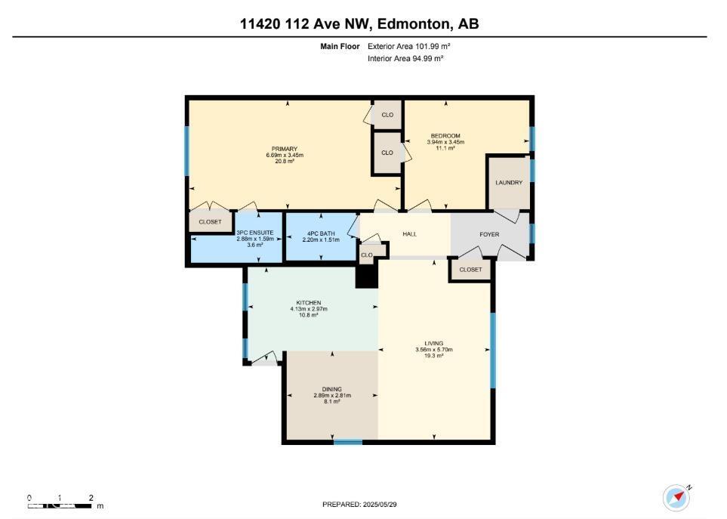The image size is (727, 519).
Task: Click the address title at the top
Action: [359, 24]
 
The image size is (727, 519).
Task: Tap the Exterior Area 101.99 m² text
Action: [408, 46]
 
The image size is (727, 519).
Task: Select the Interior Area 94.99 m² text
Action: [405, 58]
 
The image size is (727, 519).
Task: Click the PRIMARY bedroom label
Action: [285, 149]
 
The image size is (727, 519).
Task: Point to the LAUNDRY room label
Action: [509, 183]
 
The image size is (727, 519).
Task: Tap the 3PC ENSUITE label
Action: [249, 233]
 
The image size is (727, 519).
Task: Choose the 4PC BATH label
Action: [321, 233]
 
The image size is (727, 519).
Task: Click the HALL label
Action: [410, 234]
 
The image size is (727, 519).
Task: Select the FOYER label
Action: [489, 234]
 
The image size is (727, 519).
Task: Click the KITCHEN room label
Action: [309, 302]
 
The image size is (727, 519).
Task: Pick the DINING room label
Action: [332, 389]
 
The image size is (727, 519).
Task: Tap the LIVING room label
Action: [434, 343]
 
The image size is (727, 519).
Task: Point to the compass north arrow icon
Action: [676, 497]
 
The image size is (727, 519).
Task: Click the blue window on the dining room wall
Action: [348, 442]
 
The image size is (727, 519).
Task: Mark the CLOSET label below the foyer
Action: [470, 270]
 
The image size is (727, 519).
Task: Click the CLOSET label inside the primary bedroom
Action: [210, 222]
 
